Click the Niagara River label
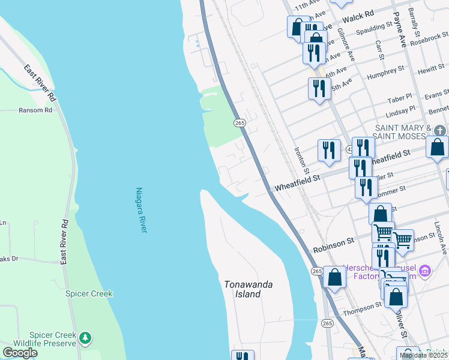[142, 210]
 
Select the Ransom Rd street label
[35, 110]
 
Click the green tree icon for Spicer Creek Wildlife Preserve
[86, 338]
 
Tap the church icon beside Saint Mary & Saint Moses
[440, 130]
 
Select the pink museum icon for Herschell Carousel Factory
[426, 272]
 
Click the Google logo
[20, 353]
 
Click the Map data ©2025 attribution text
[424, 355]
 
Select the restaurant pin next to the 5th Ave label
[318, 88]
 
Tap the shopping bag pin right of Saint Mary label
[438, 146]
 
